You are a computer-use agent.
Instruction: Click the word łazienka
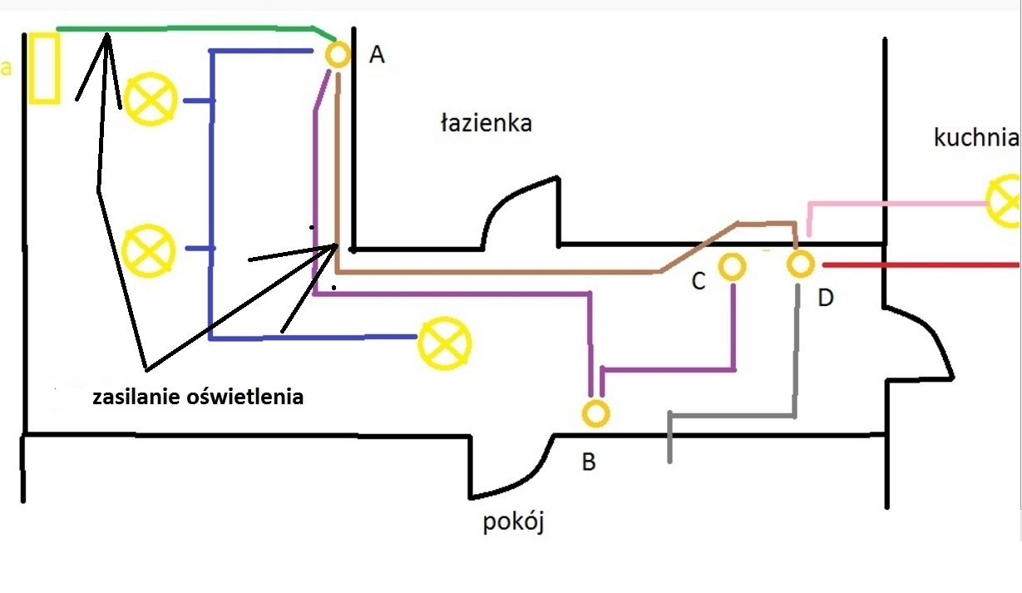(x=486, y=124)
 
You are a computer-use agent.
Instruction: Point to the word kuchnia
(x=976, y=137)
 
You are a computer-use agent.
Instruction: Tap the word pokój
(x=513, y=521)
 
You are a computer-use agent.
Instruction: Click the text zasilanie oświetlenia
(x=198, y=397)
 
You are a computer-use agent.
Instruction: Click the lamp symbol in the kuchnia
(x=991, y=200)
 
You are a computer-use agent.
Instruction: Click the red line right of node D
(x=921, y=264)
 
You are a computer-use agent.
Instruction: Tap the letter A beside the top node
(x=377, y=55)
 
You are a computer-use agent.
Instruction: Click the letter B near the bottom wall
(x=589, y=462)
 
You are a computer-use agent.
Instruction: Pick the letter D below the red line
(x=826, y=298)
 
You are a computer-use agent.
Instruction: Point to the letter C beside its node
(x=699, y=281)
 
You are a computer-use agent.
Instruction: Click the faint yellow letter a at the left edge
(x=6, y=67)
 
